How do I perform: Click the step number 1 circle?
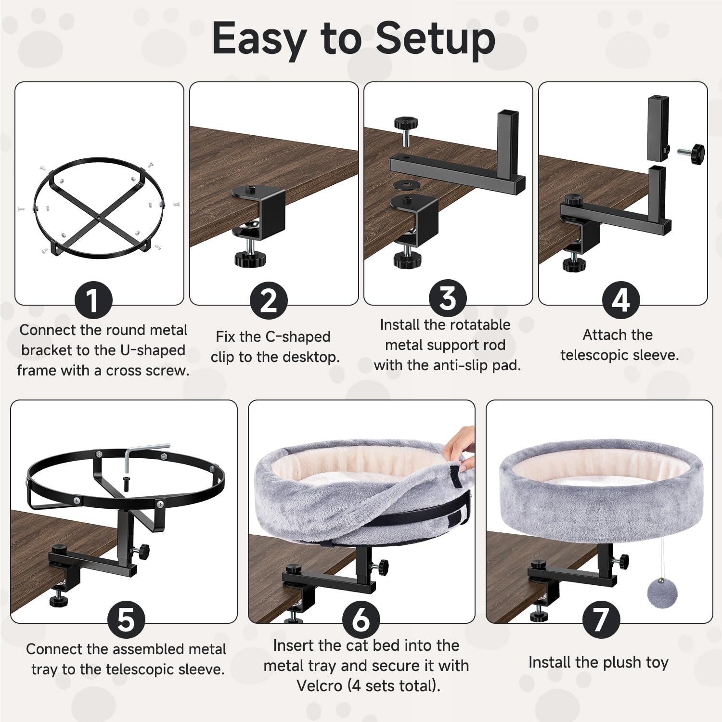click(x=93, y=301)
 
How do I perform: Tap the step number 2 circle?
click(x=269, y=301)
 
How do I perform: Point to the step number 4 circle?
click(x=621, y=301)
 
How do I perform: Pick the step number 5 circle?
click(x=126, y=620)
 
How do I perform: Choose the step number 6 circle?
click(x=361, y=620)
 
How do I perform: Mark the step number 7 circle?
click(x=601, y=620)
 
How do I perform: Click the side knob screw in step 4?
click(x=691, y=153)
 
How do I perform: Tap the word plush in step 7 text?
click(x=619, y=663)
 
